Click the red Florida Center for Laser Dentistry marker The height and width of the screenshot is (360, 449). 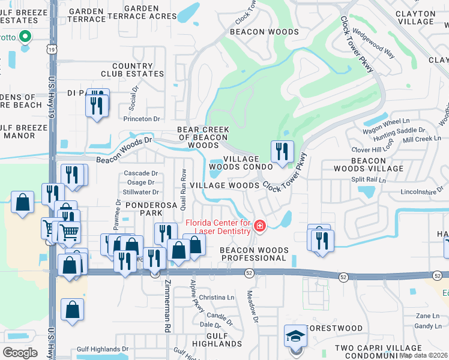260,226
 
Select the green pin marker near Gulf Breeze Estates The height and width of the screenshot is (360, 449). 25,38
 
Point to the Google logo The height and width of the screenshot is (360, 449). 20,352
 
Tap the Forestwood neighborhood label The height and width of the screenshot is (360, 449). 334,328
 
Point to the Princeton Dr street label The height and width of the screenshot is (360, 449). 142,119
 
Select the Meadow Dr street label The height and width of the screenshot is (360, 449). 252,307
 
